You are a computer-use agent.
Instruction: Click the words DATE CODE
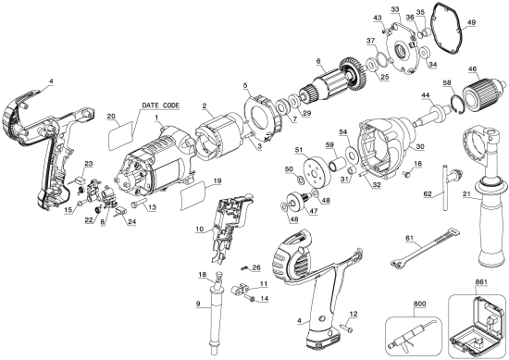163,106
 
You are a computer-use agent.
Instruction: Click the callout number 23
89,165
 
